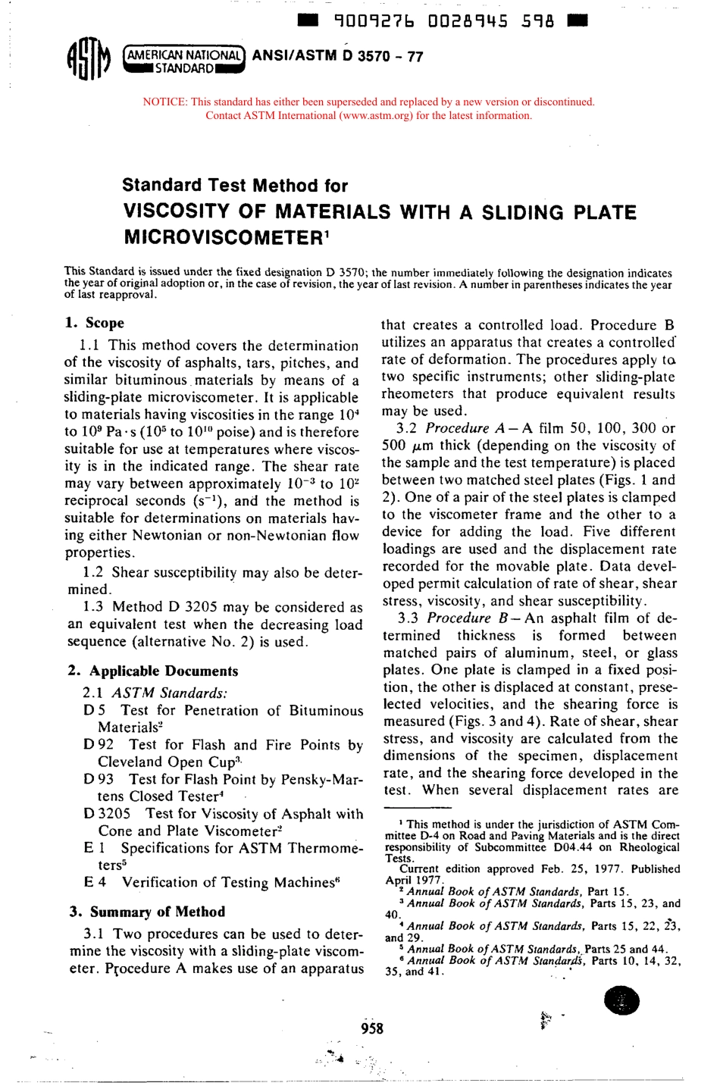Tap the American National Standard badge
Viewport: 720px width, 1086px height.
(186, 61)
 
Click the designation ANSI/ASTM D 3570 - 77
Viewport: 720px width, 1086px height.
(337, 56)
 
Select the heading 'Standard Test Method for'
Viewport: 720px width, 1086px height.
(235, 186)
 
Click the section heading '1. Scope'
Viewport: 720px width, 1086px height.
(95, 323)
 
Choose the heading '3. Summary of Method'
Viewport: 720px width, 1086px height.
(147, 912)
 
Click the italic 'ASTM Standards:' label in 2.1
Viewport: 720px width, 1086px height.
(169, 693)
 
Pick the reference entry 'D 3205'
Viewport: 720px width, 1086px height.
(107, 813)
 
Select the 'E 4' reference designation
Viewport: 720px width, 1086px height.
(95, 882)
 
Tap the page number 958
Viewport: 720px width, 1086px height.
(372, 1028)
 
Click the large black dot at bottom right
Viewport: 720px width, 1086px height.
(621, 1001)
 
